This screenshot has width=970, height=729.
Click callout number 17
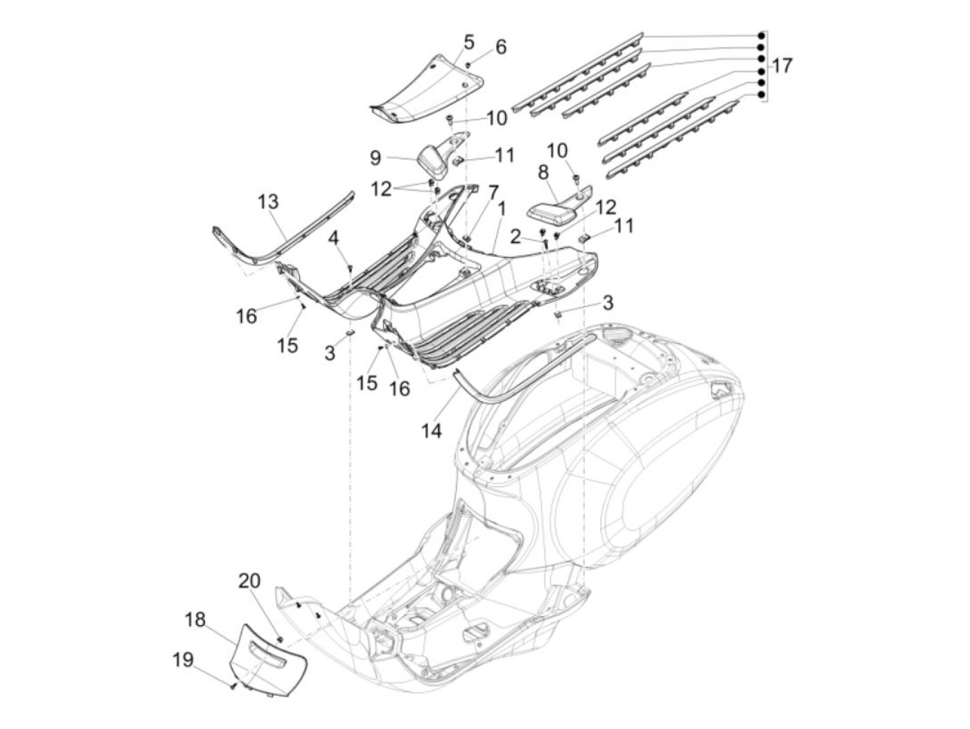[782, 66]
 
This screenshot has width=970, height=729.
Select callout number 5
[469, 42]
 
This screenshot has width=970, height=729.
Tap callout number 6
[500, 47]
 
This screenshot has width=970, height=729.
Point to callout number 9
[375, 158]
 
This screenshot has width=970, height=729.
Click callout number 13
[268, 202]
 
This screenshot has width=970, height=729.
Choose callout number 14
[430, 431]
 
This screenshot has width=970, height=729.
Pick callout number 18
[195, 619]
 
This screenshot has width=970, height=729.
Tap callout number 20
[249, 581]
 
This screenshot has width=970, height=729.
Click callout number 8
[543, 170]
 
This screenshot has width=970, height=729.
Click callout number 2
[515, 237]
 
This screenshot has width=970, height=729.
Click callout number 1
[501, 207]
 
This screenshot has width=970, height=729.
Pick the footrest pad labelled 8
[554, 211]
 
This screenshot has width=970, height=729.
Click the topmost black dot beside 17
[761, 35]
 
